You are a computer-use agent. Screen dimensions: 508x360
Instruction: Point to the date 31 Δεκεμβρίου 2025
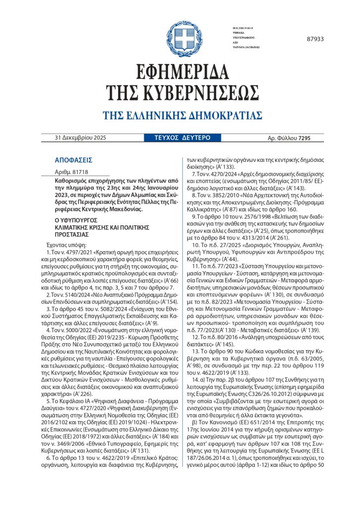80,137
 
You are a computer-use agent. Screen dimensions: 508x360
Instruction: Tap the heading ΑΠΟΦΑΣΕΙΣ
73,160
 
